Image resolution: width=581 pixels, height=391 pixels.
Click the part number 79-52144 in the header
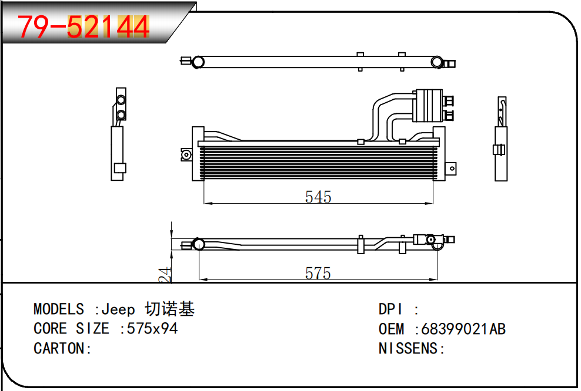click(84, 26)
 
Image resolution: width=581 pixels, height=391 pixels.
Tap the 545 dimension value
click(318, 197)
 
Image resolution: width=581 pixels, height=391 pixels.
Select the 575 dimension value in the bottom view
click(318, 274)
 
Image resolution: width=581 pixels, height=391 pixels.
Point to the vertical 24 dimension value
click(166, 275)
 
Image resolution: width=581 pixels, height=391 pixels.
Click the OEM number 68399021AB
click(463, 329)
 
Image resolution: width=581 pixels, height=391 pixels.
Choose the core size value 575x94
click(152, 329)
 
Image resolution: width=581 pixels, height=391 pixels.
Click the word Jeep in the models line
click(118, 309)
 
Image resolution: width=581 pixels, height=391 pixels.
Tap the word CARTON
click(59, 349)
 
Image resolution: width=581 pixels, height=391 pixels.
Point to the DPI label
click(390, 309)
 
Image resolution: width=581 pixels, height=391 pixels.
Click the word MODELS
click(59, 309)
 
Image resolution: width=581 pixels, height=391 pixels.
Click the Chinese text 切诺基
click(170, 309)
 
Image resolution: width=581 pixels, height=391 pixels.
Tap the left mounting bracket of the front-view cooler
click(186, 154)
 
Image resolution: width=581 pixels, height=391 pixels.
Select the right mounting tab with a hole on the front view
click(451, 168)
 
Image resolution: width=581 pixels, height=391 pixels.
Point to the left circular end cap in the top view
click(199, 62)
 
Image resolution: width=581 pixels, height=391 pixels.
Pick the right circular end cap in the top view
click(437, 62)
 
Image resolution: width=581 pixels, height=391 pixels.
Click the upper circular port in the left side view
click(121, 100)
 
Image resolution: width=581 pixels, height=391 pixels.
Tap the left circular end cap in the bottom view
click(199, 244)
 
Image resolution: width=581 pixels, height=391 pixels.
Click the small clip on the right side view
click(499, 150)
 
